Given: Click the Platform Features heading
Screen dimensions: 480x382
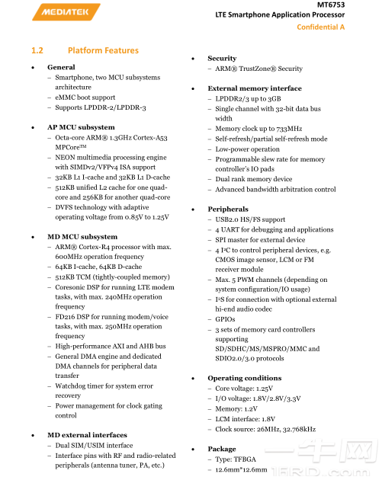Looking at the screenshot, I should coord(103,51).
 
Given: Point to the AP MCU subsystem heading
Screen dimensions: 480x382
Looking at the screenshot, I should coord(81,127).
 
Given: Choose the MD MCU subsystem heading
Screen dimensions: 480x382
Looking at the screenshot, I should coord(82,237).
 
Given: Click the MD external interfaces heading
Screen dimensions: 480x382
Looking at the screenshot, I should coord(87,434).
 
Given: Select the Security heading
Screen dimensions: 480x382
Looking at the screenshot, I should coord(222,59).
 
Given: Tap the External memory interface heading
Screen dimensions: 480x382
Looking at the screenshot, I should coord(255,88).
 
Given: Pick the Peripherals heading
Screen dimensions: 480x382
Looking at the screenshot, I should coord(227,209).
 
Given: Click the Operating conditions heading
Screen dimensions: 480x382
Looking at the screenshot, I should coord(244,378).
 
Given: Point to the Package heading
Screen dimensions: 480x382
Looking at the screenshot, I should coord(222,449).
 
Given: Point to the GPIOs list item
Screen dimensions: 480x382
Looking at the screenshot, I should coord(225,319).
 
